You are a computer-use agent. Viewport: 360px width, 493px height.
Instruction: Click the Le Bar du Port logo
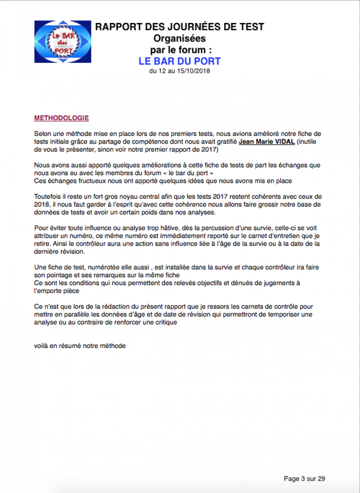click(63, 42)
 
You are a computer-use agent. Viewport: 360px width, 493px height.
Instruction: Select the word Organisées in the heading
click(180, 38)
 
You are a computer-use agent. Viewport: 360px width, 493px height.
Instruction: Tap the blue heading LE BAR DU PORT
click(180, 61)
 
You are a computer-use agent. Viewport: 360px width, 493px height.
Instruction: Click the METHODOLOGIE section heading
click(61, 118)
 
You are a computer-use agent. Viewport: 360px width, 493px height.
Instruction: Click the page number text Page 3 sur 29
click(304, 479)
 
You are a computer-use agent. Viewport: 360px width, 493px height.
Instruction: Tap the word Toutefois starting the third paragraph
click(47, 197)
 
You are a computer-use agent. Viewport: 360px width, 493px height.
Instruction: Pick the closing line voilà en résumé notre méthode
click(80, 346)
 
